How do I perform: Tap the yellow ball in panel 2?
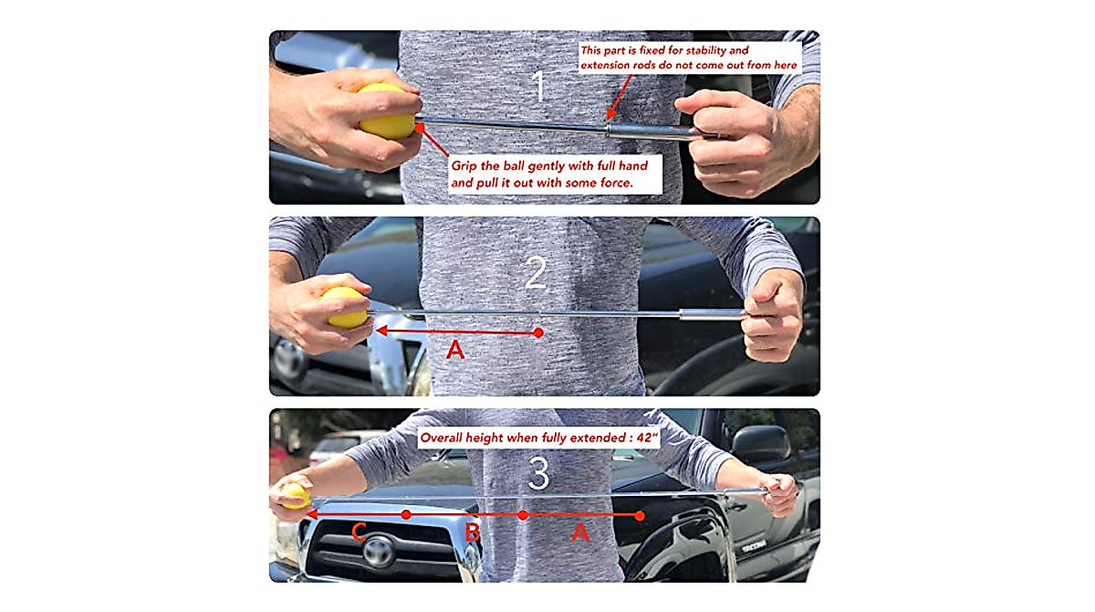pos(345,308)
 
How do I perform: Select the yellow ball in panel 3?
pos(295,496)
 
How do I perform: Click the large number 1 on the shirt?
pos(538,86)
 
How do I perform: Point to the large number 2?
pos(536,271)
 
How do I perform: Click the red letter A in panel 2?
pos(454,349)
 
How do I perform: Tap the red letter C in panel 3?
pos(360,532)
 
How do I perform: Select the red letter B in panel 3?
pos(472,532)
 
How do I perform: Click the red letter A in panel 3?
pos(580,532)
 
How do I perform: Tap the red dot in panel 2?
pos(539,332)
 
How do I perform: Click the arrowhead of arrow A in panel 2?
pos(381,332)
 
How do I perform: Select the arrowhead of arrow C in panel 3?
pos(311,515)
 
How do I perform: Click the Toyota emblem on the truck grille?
pos(378,551)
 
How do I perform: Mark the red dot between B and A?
pos(523,515)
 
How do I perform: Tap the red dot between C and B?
pos(407,515)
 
